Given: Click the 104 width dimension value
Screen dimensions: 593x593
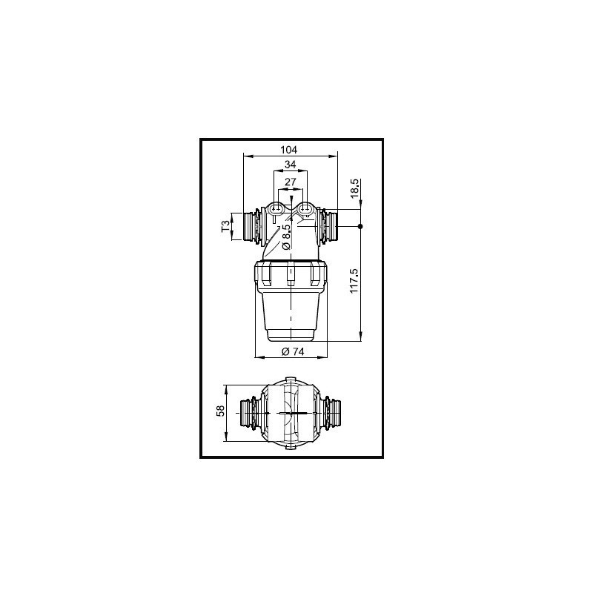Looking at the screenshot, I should (x=290, y=148).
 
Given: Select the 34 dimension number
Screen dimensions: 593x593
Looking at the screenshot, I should (x=290, y=164).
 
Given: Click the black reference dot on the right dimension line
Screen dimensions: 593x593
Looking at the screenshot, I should (x=361, y=225).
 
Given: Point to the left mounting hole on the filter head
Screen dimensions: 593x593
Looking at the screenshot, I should (x=279, y=210).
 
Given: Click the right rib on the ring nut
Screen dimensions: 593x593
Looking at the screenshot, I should (x=318, y=276).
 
